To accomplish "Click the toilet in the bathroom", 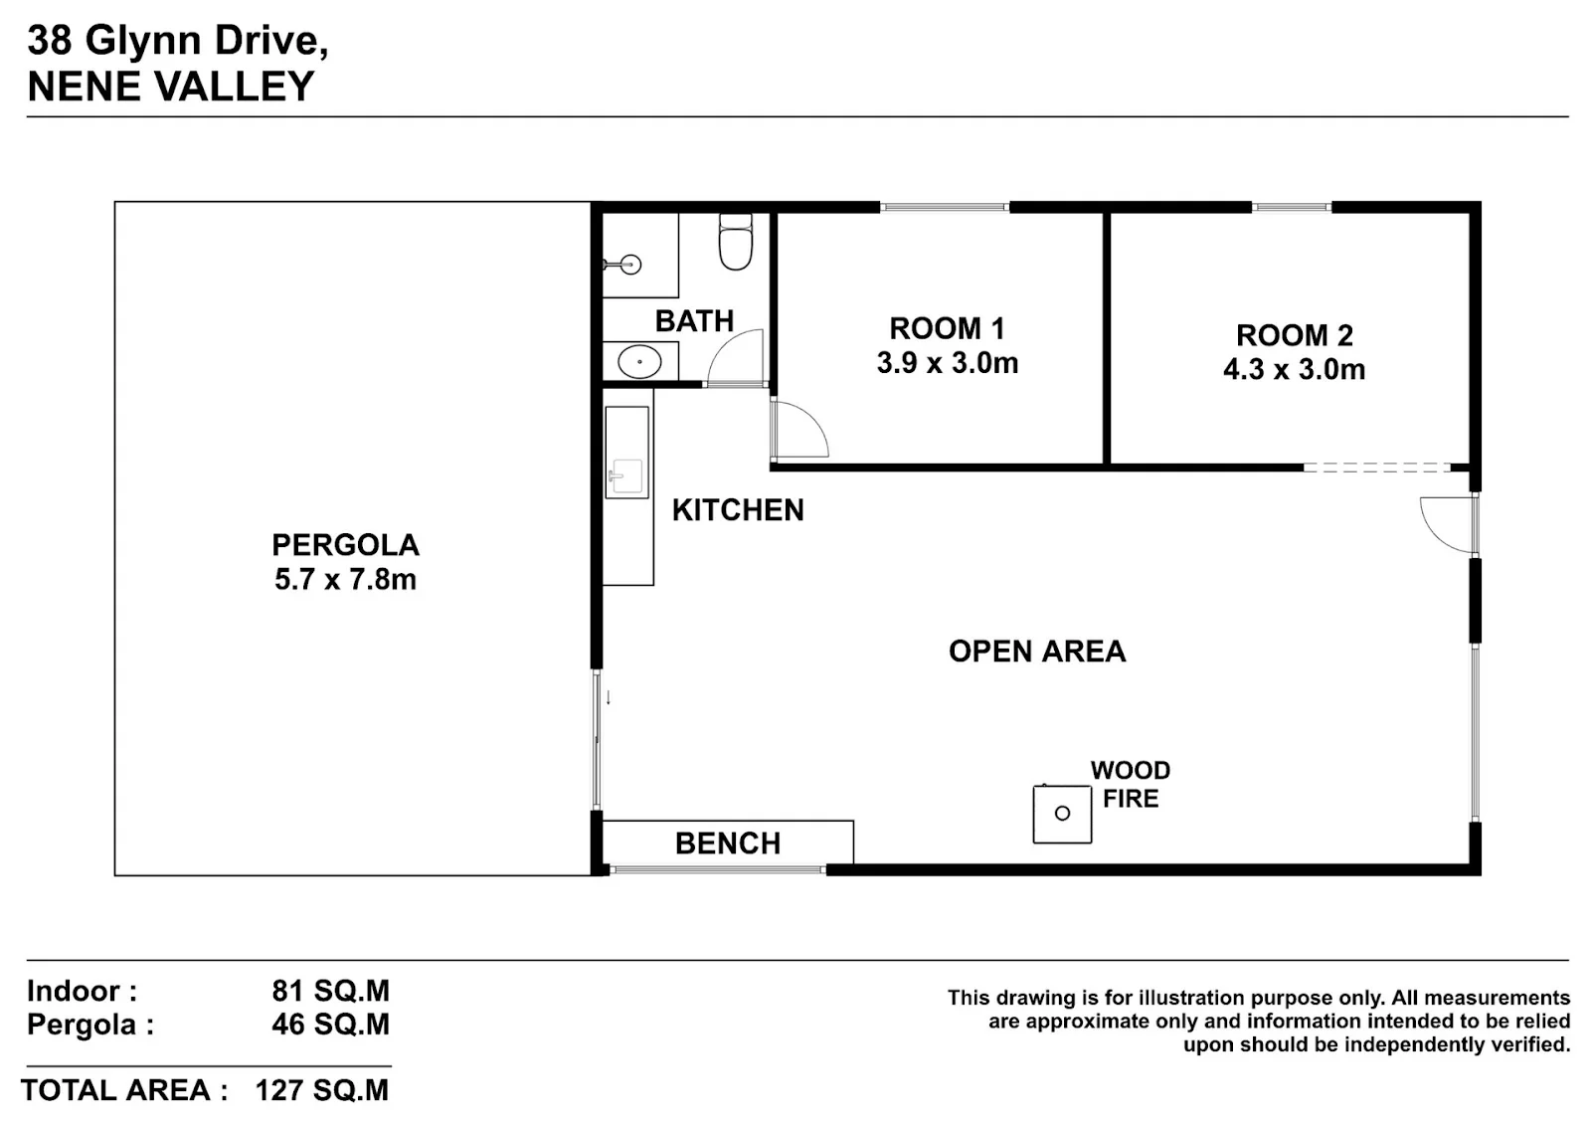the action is (x=735, y=242).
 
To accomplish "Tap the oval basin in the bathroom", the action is (x=639, y=362).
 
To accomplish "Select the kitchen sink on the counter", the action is (x=626, y=475).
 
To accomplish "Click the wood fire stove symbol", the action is (x=1062, y=814).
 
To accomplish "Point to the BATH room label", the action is (x=694, y=321).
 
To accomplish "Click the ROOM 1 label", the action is (x=947, y=328).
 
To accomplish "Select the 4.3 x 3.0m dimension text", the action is (x=1294, y=369).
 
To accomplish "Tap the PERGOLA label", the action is (x=345, y=546).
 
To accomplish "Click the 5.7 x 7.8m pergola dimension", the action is (x=345, y=580).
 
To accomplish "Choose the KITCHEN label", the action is (x=738, y=510).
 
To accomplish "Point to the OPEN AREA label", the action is (x=1037, y=652).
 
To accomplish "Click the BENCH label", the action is (x=727, y=844).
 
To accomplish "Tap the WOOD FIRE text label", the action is (x=1130, y=784).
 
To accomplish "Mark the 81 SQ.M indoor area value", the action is (x=330, y=991).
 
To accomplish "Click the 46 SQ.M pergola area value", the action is (x=330, y=1025).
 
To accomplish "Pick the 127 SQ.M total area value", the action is (x=322, y=1090).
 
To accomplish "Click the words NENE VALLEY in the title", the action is (x=170, y=86).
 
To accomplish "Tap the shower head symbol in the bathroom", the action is (x=623, y=265).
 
